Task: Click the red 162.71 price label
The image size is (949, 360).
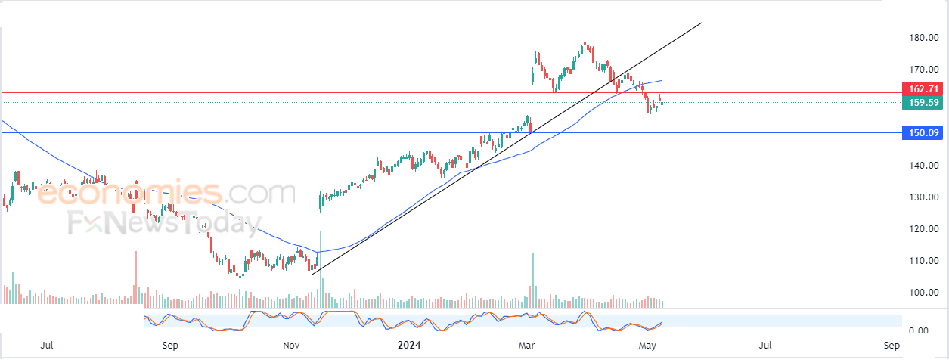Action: click(x=923, y=89)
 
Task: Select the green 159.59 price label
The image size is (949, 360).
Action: click(x=923, y=103)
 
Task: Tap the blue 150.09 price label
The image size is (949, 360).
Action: click(x=923, y=133)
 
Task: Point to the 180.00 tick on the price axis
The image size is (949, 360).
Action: click(x=923, y=38)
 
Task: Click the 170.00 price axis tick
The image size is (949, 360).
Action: click(x=923, y=69)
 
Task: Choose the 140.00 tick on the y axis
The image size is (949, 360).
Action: click(x=923, y=165)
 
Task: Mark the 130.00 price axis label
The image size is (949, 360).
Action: click(x=923, y=197)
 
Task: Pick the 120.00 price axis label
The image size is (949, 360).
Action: click(x=923, y=228)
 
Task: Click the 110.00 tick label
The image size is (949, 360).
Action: click(x=923, y=260)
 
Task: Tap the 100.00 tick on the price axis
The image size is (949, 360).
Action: click(x=923, y=292)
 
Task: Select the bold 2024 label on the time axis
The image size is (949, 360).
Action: click(x=409, y=345)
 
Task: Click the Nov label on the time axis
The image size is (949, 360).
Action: click(x=291, y=345)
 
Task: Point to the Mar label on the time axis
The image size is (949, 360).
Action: click(x=526, y=345)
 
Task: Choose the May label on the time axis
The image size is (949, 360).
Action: click(x=647, y=346)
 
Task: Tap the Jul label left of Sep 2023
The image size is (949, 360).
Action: click(x=47, y=345)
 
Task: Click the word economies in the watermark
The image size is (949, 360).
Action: click(x=130, y=193)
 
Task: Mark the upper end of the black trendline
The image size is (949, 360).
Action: click(x=702, y=23)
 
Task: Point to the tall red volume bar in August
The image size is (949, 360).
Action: click(x=136, y=278)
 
